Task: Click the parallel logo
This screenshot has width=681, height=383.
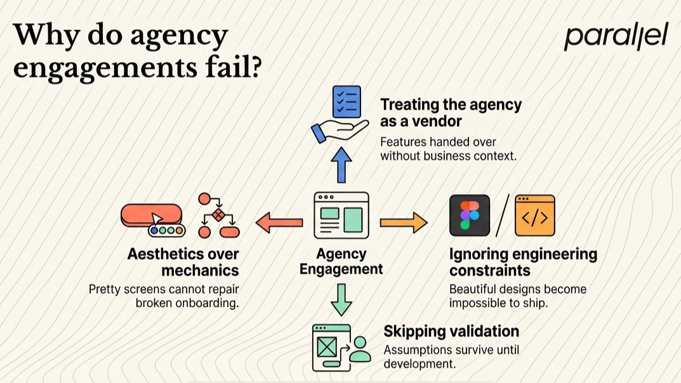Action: point(616,37)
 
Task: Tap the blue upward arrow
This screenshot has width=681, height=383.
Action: point(341,165)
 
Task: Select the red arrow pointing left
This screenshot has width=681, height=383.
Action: point(279,223)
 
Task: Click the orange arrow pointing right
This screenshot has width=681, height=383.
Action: point(404,223)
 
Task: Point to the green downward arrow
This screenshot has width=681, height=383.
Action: point(341,300)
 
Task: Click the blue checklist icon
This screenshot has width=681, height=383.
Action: point(347,101)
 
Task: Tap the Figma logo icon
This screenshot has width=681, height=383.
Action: point(470,216)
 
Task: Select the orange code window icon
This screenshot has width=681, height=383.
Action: point(534,216)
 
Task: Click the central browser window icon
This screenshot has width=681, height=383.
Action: point(341,216)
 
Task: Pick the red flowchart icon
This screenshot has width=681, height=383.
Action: point(218,216)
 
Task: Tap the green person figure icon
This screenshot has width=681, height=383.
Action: point(360,349)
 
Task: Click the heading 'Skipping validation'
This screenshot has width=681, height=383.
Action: point(451,332)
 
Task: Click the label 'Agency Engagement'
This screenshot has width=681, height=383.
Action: point(341,261)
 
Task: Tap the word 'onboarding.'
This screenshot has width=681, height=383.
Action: point(188,302)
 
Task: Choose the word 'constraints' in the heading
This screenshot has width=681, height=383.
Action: point(490,271)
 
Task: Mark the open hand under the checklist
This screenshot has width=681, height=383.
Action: point(340,131)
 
